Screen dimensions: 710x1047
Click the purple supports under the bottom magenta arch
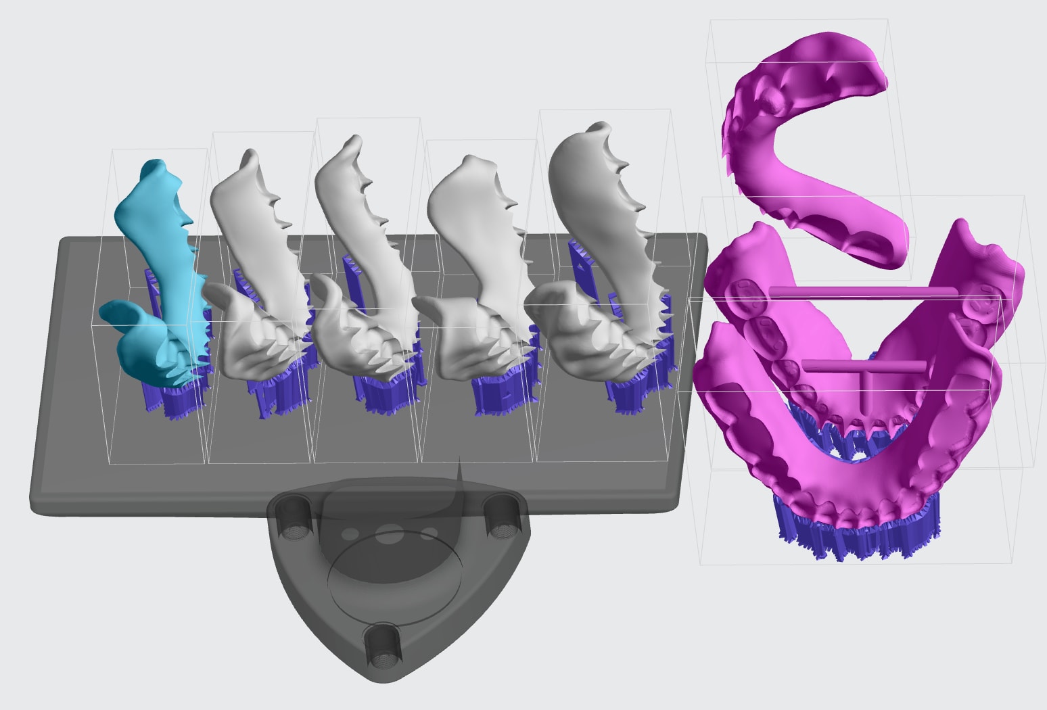point(859,534)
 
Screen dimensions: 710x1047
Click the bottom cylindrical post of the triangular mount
point(383,646)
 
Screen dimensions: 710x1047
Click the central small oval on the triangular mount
point(390,537)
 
